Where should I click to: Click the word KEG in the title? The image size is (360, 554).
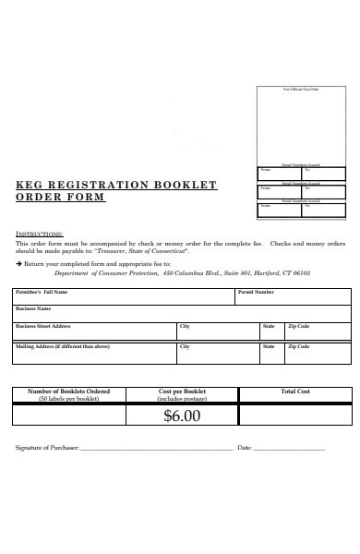(x=30, y=185)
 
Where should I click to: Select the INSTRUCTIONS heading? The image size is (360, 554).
(x=40, y=234)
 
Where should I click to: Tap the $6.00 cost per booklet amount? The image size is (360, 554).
(x=181, y=415)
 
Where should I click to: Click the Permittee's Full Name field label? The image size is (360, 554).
(x=42, y=292)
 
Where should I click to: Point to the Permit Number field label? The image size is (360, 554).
(x=256, y=292)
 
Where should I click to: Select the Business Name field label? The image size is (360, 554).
(x=33, y=308)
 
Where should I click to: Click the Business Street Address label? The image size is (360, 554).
(x=43, y=326)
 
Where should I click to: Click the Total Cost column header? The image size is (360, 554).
(x=295, y=391)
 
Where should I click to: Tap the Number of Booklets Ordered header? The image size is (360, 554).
(x=69, y=391)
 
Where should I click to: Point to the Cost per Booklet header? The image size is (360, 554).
(x=181, y=391)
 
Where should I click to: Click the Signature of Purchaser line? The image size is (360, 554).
(x=157, y=449)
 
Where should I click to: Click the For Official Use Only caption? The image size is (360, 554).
(x=300, y=90)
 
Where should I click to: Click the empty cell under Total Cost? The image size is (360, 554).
(x=295, y=415)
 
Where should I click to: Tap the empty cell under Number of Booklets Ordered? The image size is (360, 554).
(x=69, y=415)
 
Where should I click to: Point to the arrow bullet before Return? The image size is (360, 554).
(x=18, y=263)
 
